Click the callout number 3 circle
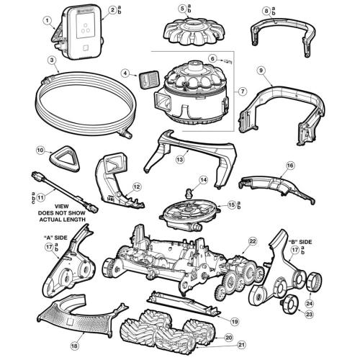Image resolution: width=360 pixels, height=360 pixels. point(52,60)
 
